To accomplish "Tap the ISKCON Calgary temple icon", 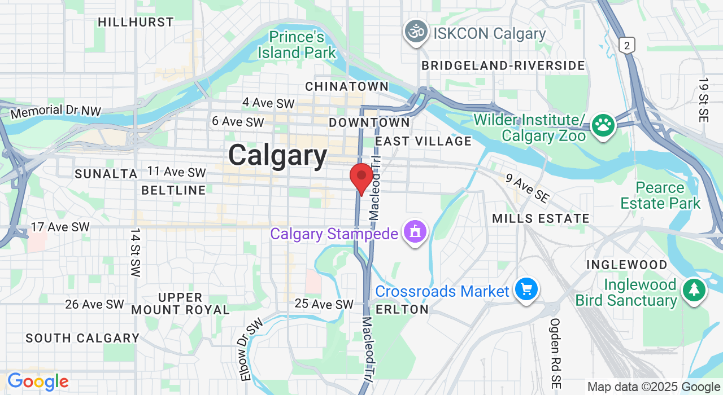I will pos(416,32).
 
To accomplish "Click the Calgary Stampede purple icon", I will pos(415,232).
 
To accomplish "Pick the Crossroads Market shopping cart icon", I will pos(526,290).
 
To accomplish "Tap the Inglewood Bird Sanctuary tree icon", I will pos(694,291).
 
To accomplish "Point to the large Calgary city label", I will pos(278,156).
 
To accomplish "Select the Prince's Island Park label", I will pos(297,45).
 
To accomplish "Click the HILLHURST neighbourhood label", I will pos(136,22).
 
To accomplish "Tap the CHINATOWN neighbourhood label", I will pos(347,86).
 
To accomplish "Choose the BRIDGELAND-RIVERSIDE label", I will pos(503,65).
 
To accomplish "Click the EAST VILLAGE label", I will pos(423,141).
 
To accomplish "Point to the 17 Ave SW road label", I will pos(60,227).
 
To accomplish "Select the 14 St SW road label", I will pos(134,252).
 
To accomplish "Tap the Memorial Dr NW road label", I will pos(55,111).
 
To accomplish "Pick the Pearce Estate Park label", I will pos(660,195).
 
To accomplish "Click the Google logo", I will pos(38,382).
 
